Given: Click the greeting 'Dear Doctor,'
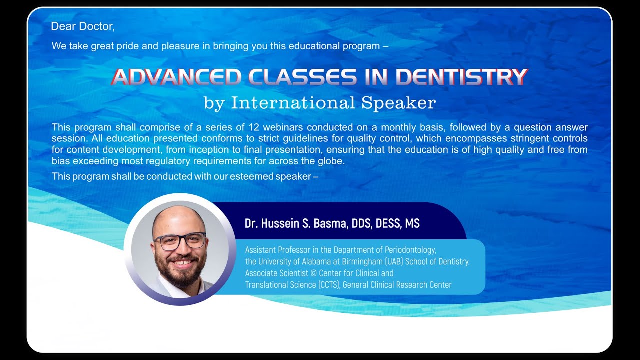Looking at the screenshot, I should click(83, 26).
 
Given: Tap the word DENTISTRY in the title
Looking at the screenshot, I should click(461, 77).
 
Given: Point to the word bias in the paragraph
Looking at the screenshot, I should click(61, 161).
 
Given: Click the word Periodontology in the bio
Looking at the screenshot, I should click(410, 250).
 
